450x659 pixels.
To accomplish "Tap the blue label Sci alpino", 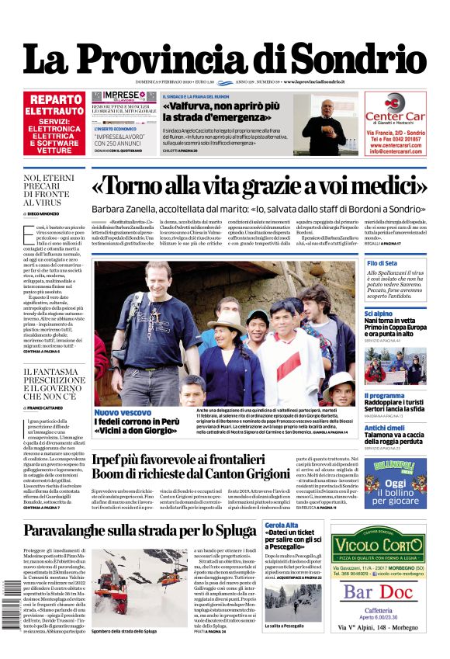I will click(380, 313).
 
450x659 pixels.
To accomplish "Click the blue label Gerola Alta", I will click(283, 525).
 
